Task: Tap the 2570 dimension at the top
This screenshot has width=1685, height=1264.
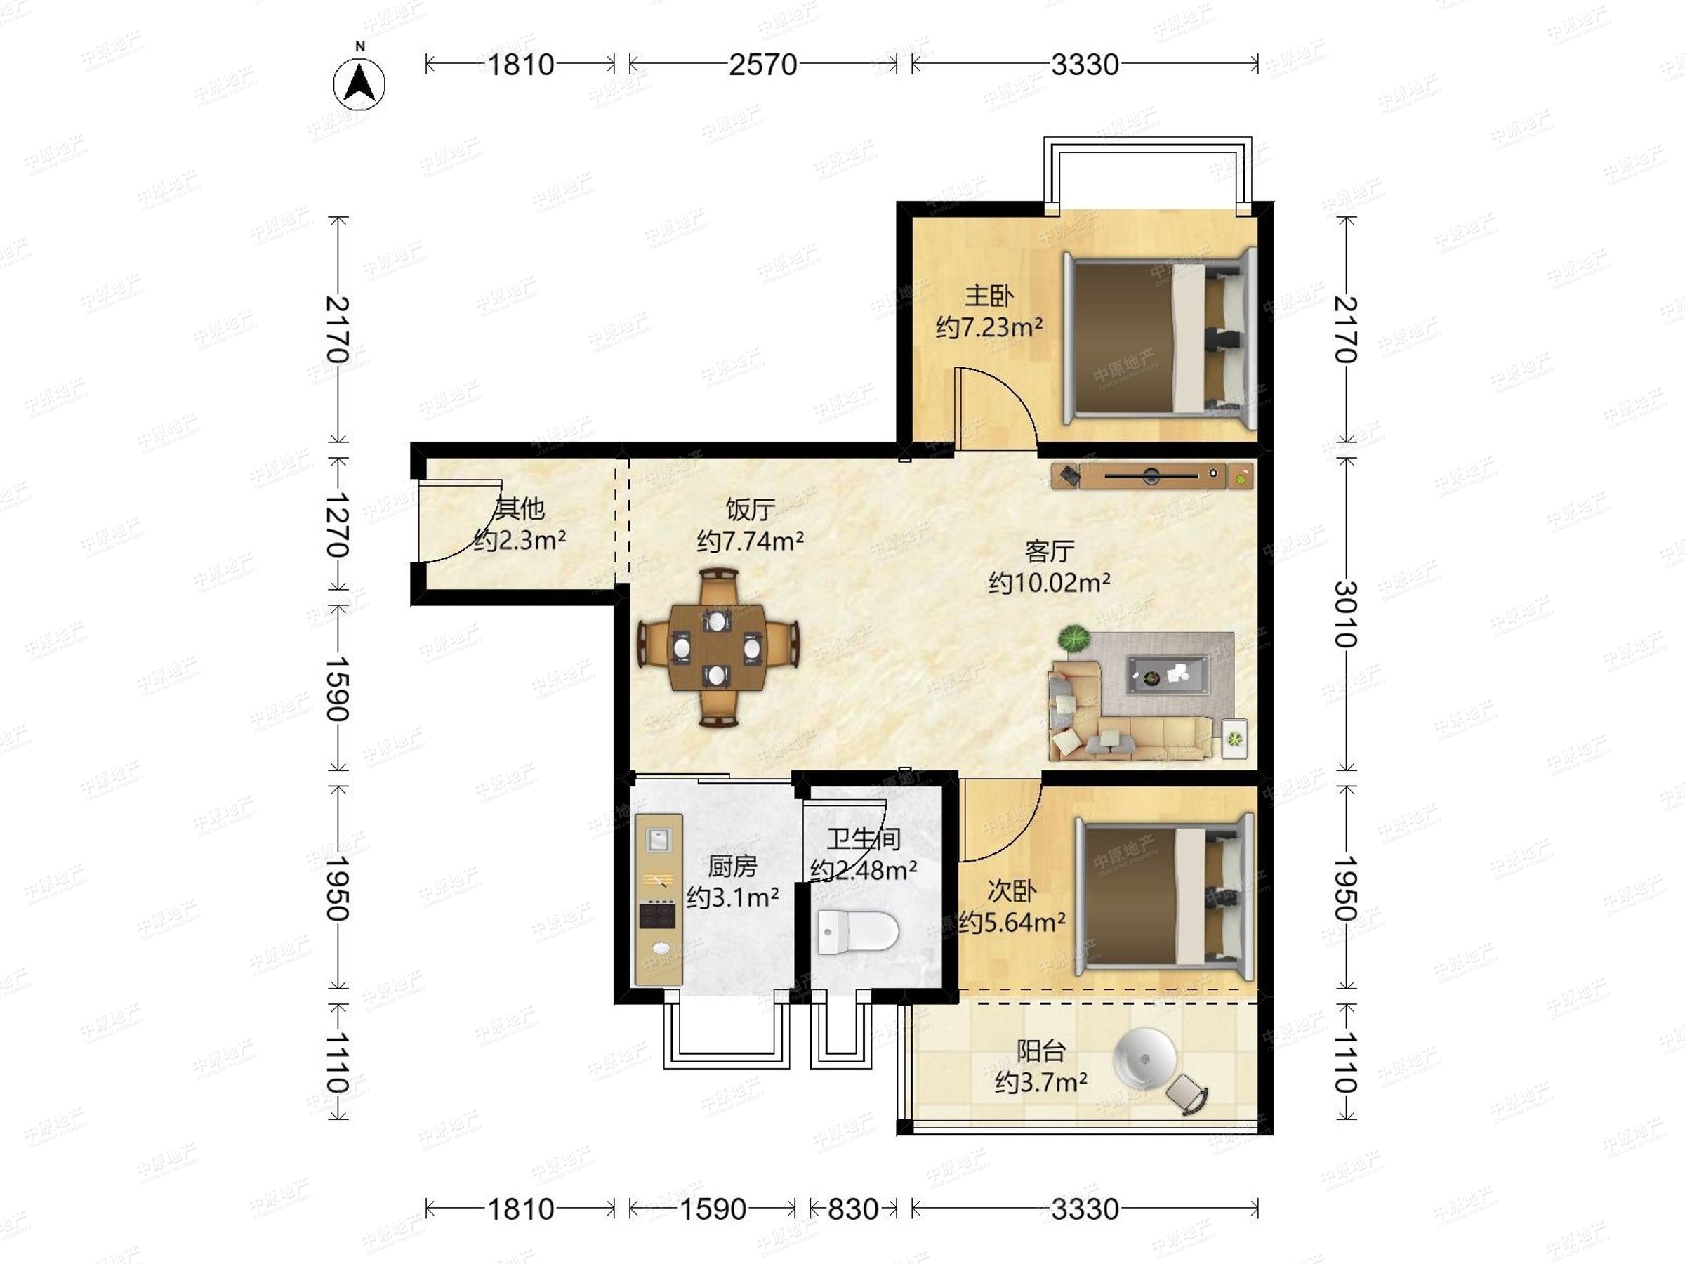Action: pos(762,65)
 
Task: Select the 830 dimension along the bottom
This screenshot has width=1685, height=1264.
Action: pos(852,1209)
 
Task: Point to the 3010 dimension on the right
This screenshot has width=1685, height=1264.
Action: pos(1346,614)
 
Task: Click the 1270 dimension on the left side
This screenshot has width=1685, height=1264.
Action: pos(338,525)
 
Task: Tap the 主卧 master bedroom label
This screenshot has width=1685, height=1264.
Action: pos(989,296)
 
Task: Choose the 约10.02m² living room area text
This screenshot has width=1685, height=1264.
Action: pos(1049,583)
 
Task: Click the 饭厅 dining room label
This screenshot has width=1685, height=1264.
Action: pos(751,509)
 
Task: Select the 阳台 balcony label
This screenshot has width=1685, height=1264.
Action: pos(1040,1051)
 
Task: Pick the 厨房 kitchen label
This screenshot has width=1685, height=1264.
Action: pos(732,867)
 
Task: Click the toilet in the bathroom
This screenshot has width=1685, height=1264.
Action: pos(858,932)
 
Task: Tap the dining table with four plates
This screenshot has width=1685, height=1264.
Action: pos(717,647)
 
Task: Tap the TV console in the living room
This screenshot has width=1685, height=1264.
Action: pos(1153,476)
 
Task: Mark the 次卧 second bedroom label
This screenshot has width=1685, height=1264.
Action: pos(1012,890)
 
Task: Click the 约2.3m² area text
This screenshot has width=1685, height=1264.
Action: pos(520,540)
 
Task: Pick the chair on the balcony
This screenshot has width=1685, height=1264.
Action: pos(1187,1094)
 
